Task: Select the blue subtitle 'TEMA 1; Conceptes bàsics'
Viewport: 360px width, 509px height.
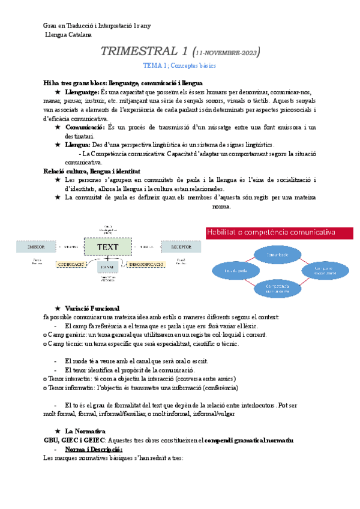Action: point(180,65)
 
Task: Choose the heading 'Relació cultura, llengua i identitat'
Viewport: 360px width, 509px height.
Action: point(92,171)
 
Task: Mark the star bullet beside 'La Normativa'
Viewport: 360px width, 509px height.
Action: point(57,431)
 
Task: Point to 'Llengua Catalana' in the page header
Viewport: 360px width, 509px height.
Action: point(69,34)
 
